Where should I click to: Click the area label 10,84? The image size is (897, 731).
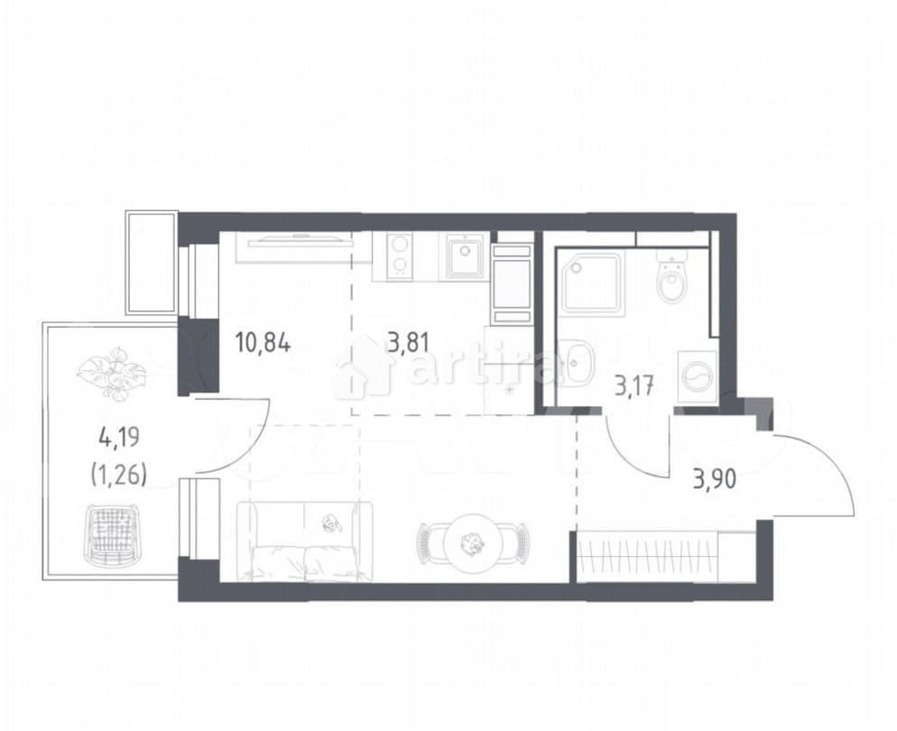(263, 343)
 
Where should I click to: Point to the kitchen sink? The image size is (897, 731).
(466, 254)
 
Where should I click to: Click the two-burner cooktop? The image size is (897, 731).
(398, 254)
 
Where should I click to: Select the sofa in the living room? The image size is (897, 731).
(304, 541)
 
